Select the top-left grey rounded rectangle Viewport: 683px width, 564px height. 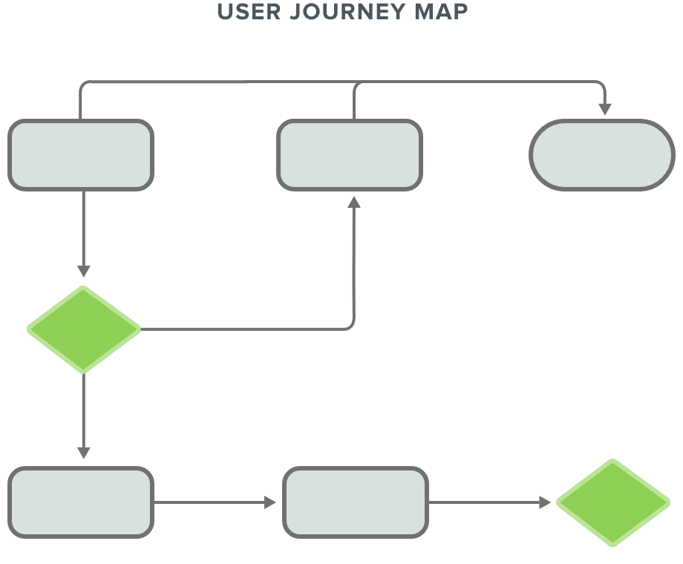tap(81, 155)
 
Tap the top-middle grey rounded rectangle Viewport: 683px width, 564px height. tap(350, 155)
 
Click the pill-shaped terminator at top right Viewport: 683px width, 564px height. tap(602, 155)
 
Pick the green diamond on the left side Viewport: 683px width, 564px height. tap(84, 329)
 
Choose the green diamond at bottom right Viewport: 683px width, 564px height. tap(613, 502)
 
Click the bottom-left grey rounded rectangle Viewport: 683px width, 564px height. tap(81, 502)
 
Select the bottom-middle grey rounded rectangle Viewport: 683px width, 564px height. tap(356, 502)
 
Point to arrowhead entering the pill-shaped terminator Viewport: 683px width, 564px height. tap(605, 109)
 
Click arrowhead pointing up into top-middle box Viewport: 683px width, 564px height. tap(354, 203)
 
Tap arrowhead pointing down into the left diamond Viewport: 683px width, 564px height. tap(84, 271)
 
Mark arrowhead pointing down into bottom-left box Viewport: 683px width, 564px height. tap(84, 452)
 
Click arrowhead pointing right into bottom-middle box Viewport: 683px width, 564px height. tap(270, 502)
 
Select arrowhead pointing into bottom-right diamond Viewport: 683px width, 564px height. tap(545, 502)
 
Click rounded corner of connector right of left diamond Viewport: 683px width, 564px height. tap(351, 327)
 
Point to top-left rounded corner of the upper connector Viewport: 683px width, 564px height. tap(82, 84)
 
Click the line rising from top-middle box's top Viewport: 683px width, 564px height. tap(354, 104)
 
